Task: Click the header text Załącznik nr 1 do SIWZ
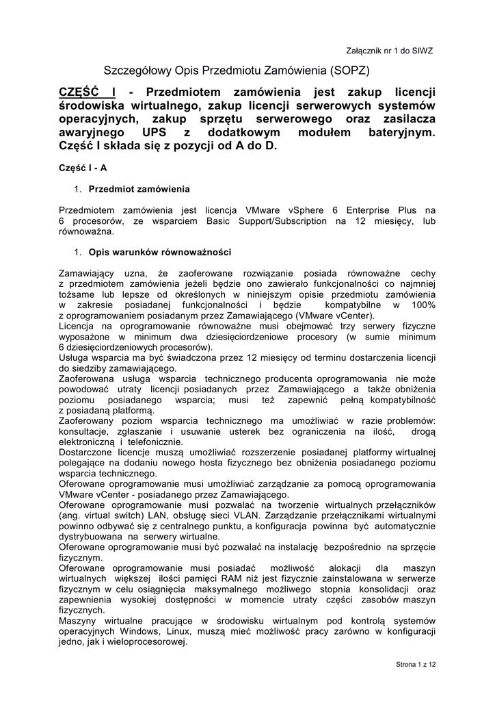[390, 51]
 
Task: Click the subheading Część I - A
[83, 168]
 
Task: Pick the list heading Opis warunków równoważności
[160, 251]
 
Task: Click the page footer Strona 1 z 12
[416, 664]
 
